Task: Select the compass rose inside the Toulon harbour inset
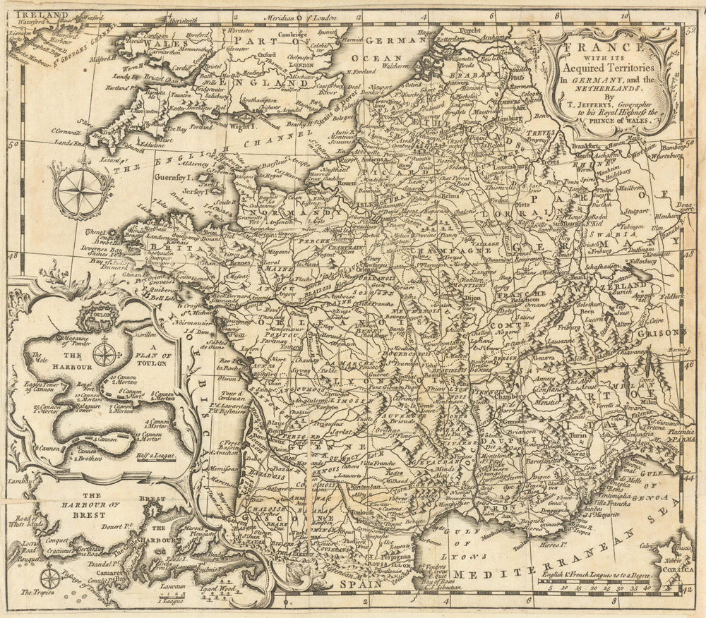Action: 104,353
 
